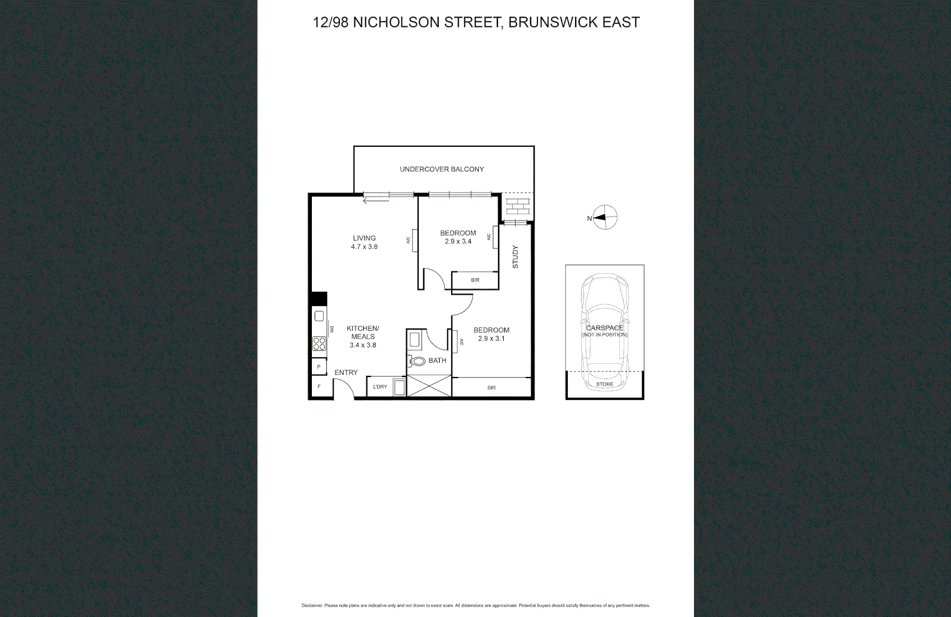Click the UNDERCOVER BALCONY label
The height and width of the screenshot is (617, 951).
(442, 169)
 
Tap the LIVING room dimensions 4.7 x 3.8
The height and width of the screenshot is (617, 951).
(364, 247)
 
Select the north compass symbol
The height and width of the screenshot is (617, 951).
(604, 218)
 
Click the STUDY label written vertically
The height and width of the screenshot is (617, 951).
(515, 257)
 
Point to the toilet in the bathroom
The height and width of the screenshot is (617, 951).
(418, 361)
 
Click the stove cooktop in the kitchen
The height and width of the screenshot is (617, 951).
(319, 343)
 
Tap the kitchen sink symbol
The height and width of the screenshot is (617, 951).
(319, 316)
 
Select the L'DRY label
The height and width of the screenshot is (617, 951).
(380, 387)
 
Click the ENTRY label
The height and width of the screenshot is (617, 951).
(346, 372)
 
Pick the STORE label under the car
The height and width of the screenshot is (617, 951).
(604, 384)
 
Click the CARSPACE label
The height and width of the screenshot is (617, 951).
(604, 328)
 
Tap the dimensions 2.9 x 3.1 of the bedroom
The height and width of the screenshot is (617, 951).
(491, 339)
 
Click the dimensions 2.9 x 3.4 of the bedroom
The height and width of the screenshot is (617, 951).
(458, 242)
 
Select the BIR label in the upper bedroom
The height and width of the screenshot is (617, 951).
(475, 280)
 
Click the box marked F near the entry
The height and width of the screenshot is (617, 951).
(319, 387)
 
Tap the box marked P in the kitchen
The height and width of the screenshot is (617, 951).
(319, 367)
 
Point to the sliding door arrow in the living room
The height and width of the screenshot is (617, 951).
(376, 200)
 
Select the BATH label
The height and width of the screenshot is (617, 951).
(438, 360)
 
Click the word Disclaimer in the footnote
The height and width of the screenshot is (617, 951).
(312, 606)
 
